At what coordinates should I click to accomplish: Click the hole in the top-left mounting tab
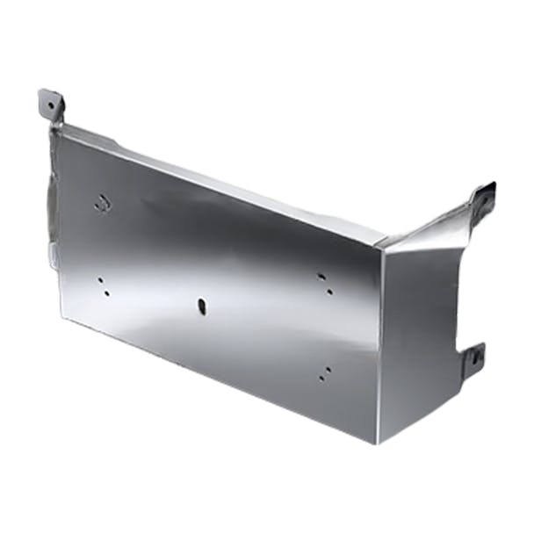click(x=52, y=104)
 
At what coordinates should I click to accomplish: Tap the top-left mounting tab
click(x=51, y=105)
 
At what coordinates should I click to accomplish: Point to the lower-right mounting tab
click(x=473, y=357)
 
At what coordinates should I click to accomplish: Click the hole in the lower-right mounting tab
click(x=474, y=357)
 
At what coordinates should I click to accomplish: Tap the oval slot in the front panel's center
click(x=202, y=307)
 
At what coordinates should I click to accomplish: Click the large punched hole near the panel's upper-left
click(x=103, y=203)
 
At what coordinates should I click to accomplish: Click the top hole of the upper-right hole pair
click(x=323, y=276)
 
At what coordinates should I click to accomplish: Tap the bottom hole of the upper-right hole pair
click(x=328, y=289)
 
